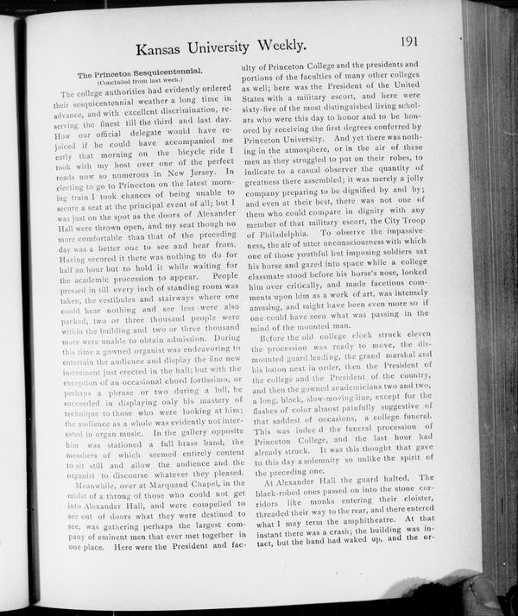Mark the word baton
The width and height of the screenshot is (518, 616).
coord(263,366)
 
